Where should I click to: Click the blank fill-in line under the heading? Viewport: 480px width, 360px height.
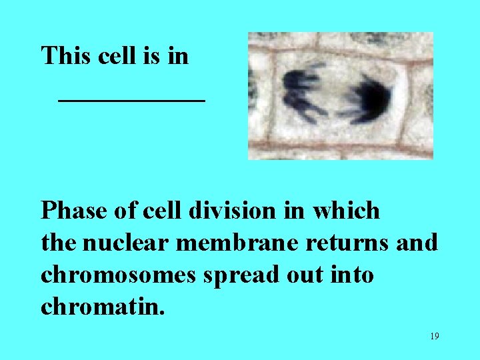[131, 100]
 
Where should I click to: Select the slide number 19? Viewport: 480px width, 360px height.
[434, 336]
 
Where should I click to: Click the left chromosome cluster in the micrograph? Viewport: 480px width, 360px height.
[304, 94]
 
